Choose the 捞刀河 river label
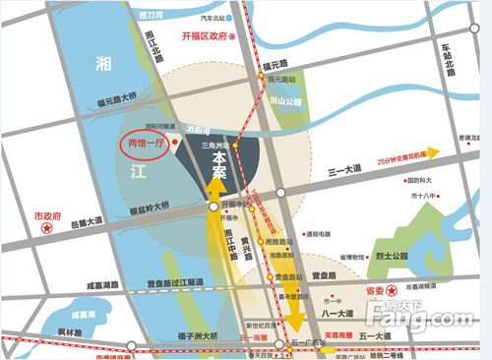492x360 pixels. (151, 17)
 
